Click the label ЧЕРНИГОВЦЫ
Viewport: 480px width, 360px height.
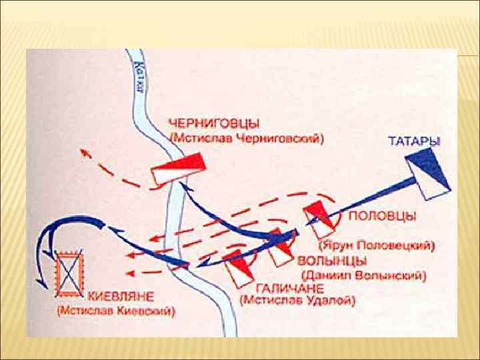pyautogui.click(x=215, y=124)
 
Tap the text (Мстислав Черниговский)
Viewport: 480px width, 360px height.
pyautogui.click(x=247, y=139)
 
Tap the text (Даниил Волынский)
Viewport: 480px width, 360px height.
pyautogui.click(x=363, y=274)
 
